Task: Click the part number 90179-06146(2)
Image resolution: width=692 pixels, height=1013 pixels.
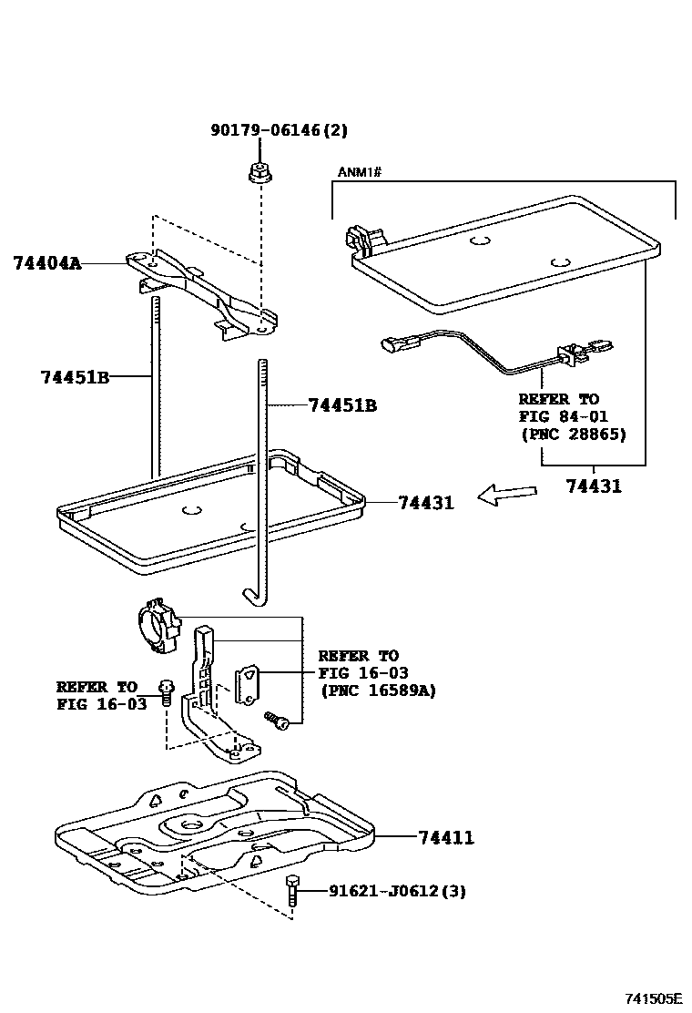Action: [279, 131]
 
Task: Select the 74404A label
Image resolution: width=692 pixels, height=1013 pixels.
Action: [47, 263]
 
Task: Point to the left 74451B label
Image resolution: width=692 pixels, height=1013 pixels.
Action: [75, 376]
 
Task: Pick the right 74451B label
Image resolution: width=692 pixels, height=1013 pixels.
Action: [341, 405]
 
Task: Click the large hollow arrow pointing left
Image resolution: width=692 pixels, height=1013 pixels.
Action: [508, 495]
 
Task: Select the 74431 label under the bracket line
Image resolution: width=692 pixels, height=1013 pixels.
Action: [592, 486]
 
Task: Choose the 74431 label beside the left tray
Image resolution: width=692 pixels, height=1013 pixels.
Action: [425, 502]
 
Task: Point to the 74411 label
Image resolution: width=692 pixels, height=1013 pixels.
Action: [446, 837]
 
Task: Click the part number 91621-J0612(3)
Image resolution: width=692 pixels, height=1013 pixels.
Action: [397, 891]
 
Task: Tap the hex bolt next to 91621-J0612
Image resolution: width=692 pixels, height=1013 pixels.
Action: [292, 889]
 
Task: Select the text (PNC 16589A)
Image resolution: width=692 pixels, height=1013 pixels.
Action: [377, 690]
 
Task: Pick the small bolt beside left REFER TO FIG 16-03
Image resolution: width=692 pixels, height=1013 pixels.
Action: [167, 691]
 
